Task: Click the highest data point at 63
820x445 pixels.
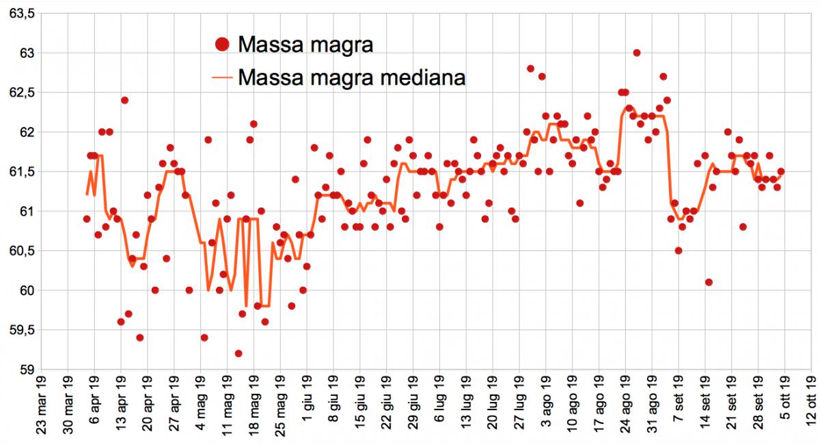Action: pyautogui.click(x=636, y=53)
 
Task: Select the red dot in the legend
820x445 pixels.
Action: pyautogui.click(x=221, y=45)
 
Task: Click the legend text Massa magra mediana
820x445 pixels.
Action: pyautogui.click(x=351, y=76)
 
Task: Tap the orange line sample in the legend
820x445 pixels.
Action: pyautogui.click(x=221, y=77)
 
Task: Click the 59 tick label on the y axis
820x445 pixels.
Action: pyautogui.click(x=26, y=369)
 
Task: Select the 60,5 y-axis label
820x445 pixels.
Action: pyautogui.click(x=20, y=250)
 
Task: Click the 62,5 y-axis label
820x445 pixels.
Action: pyautogui.click(x=20, y=92)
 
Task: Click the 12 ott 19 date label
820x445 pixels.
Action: pyautogui.click(x=810, y=408)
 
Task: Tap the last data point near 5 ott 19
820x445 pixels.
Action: pyautogui.click(x=781, y=171)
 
